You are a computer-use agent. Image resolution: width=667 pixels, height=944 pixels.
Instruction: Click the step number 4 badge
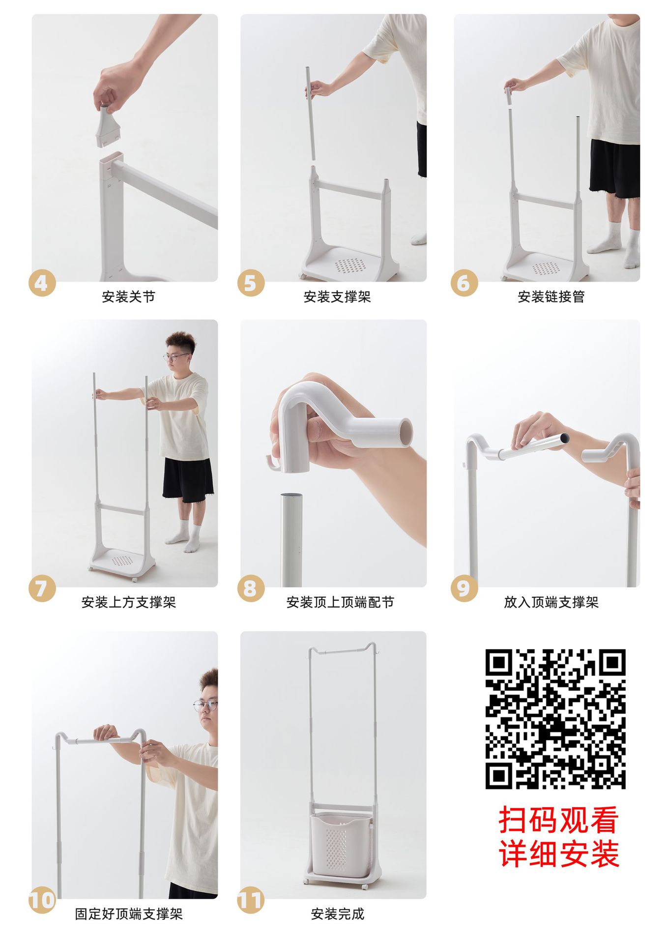click(42, 283)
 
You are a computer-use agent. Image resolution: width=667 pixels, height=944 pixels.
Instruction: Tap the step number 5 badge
click(251, 283)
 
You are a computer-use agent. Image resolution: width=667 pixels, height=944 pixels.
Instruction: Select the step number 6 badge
click(464, 283)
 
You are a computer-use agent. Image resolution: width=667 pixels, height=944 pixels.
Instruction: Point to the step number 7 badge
click(42, 589)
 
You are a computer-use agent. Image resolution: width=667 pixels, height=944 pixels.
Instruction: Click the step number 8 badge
click(251, 589)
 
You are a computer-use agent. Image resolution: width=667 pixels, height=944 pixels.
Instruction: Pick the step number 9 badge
click(464, 589)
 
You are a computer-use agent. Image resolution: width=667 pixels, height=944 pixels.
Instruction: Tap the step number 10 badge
click(42, 900)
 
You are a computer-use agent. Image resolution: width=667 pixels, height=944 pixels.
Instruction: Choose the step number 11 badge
click(251, 900)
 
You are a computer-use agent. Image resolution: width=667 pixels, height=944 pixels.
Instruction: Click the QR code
click(555, 719)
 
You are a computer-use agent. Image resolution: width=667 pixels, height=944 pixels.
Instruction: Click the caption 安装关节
click(128, 296)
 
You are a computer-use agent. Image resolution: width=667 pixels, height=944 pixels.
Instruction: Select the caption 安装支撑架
click(337, 296)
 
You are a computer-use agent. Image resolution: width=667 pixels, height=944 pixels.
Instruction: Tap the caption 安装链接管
click(551, 296)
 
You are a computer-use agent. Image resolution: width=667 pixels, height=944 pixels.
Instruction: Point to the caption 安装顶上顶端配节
click(340, 602)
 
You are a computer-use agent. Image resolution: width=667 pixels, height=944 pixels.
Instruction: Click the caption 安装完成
click(337, 914)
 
